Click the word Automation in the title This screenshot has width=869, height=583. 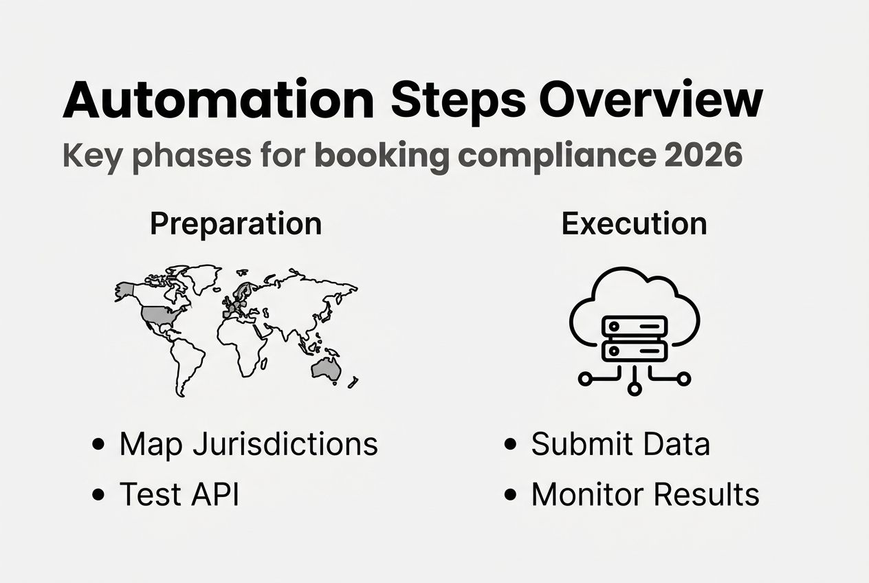[219, 100]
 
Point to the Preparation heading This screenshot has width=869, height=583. [236, 224]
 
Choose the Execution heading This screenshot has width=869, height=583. [634, 224]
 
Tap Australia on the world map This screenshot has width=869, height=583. [325, 370]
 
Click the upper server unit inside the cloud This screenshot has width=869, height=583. [634, 326]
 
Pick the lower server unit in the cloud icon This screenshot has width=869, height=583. [634, 351]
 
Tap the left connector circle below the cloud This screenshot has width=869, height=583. [584, 379]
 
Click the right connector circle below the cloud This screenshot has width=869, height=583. [684, 379]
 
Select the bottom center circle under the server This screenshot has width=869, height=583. [634, 389]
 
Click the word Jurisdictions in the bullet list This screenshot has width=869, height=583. [285, 445]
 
